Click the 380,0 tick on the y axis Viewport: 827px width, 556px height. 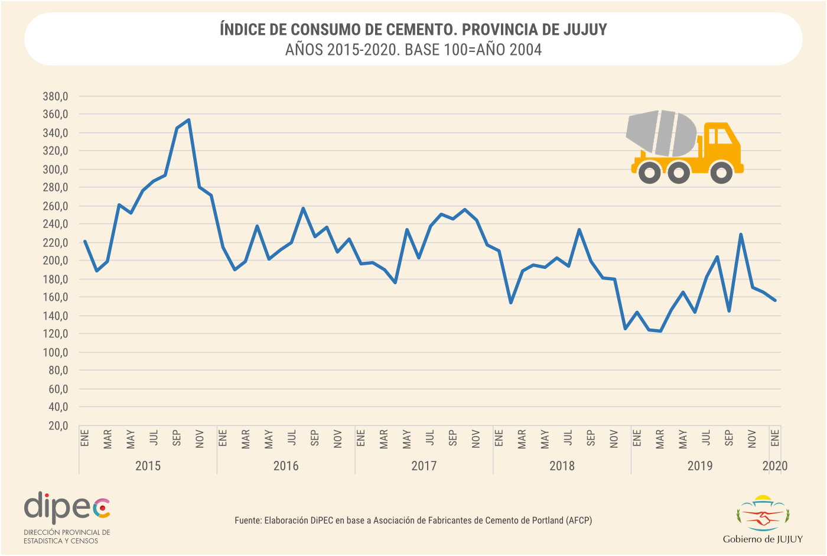56,96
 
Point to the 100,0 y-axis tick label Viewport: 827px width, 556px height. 56,353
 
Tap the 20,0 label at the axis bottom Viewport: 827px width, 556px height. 58,426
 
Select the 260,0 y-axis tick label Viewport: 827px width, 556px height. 56,206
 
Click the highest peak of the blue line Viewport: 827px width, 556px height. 188,120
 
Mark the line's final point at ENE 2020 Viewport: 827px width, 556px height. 775,300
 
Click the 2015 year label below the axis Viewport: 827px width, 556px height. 148,466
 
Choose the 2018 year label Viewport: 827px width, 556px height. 562,466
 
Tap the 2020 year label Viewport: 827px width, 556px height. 775,466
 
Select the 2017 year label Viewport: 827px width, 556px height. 424,466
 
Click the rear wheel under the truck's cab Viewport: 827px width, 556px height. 721,172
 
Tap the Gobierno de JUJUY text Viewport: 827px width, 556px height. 763,539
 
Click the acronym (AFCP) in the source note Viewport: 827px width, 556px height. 579,521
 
